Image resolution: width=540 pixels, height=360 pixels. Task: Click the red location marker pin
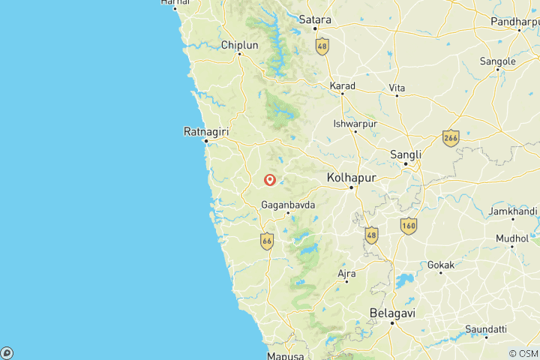270,179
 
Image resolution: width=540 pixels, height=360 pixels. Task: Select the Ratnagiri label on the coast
205,131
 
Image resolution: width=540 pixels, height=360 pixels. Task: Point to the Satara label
315,19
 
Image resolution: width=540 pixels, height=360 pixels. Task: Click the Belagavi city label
392,313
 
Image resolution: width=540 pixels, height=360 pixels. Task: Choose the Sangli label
406,154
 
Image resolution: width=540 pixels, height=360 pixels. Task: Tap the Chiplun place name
239,45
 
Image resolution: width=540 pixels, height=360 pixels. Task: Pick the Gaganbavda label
288,204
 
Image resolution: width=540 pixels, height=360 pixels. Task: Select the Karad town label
342,86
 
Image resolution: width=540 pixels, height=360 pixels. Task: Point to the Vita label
397,88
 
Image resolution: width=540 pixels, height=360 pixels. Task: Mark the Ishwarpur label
355,123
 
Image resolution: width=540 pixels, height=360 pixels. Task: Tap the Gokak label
441,265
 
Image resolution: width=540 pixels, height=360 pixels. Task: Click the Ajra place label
346,274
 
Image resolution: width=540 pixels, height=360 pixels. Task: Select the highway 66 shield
267,241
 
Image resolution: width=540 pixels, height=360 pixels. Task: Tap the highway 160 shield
409,225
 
